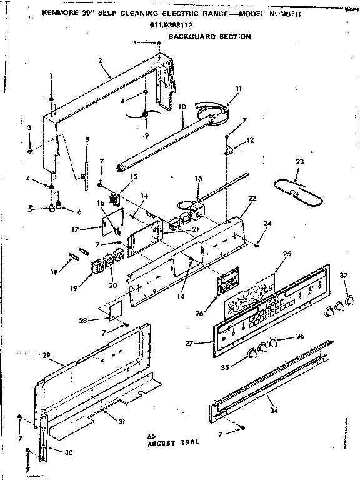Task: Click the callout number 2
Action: pyautogui.click(x=100, y=61)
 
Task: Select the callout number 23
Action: pyautogui.click(x=300, y=161)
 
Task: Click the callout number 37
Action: pyautogui.click(x=342, y=277)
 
